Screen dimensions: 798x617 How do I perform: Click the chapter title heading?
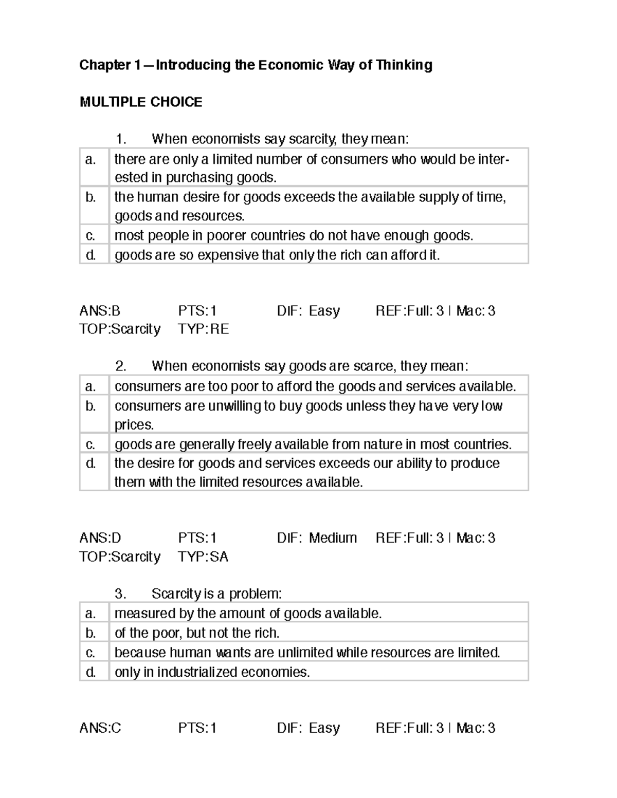pos(256,65)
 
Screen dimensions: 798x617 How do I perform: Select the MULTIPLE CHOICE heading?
pos(141,102)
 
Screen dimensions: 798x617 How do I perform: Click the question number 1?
pos(121,139)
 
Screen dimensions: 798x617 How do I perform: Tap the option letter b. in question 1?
pos(91,197)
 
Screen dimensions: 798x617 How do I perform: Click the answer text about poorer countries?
pos(293,236)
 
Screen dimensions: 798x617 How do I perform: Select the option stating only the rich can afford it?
pos(277,255)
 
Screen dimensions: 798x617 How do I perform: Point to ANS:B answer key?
pos(100,311)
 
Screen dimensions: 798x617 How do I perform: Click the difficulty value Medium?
pos(333,538)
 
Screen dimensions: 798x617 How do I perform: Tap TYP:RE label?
pos(203,329)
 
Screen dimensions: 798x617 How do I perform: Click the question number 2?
pos(121,366)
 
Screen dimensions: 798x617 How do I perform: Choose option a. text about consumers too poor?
pos(315,386)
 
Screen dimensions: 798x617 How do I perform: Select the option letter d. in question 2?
pos(91,463)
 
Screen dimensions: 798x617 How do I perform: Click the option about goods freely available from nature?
pos(313,444)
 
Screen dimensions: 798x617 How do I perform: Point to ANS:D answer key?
pos(100,538)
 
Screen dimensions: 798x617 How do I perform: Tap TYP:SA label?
pos(203,556)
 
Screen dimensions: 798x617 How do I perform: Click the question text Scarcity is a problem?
pos(216,594)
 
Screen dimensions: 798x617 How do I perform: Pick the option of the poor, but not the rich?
pos(197,633)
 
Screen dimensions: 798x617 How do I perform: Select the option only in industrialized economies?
pos(212,672)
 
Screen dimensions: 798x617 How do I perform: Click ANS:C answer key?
pos(100,728)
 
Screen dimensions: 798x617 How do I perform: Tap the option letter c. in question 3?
pos(91,653)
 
